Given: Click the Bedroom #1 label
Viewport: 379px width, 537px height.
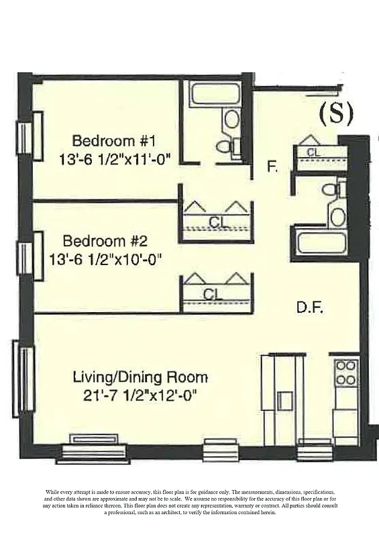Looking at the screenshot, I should point(113,141).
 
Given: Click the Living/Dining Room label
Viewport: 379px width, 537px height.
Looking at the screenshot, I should point(140,377).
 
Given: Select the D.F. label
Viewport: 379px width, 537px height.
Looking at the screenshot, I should point(310,308).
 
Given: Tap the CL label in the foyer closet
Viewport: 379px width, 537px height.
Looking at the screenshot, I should point(313,153).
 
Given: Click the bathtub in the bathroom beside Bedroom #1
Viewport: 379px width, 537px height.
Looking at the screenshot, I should point(215,93).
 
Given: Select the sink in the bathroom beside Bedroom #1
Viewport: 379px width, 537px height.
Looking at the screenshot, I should point(231,119).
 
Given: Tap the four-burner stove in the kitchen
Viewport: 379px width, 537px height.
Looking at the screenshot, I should point(345,373).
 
